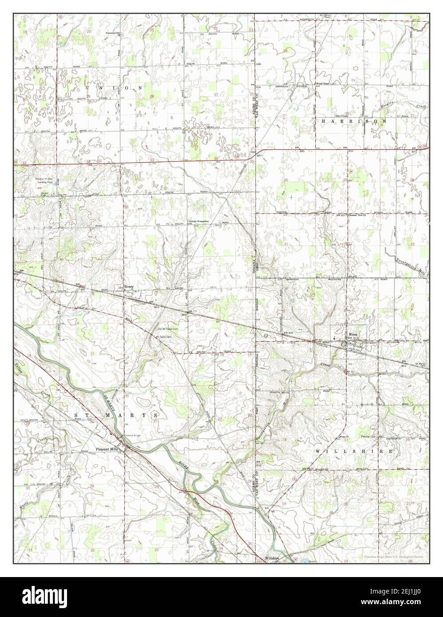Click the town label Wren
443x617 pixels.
pos(353,334)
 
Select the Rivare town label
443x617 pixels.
pos(129,287)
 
